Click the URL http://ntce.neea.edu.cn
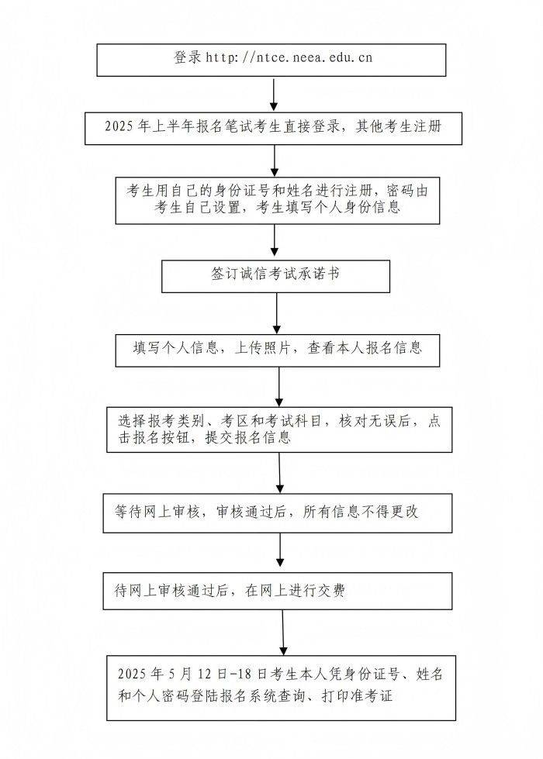[x=289, y=57]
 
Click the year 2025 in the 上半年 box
[x=119, y=126]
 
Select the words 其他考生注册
[x=399, y=126]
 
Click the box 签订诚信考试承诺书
[x=275, y=276]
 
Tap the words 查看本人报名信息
[x=365, y=347]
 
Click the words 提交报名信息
[x=248, y=437]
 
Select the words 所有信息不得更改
[x=361, y=512]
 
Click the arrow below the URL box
[x=274, y=95]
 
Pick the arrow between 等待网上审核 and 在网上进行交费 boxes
[x=280, y=550]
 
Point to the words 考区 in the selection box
[x=234, y=421]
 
